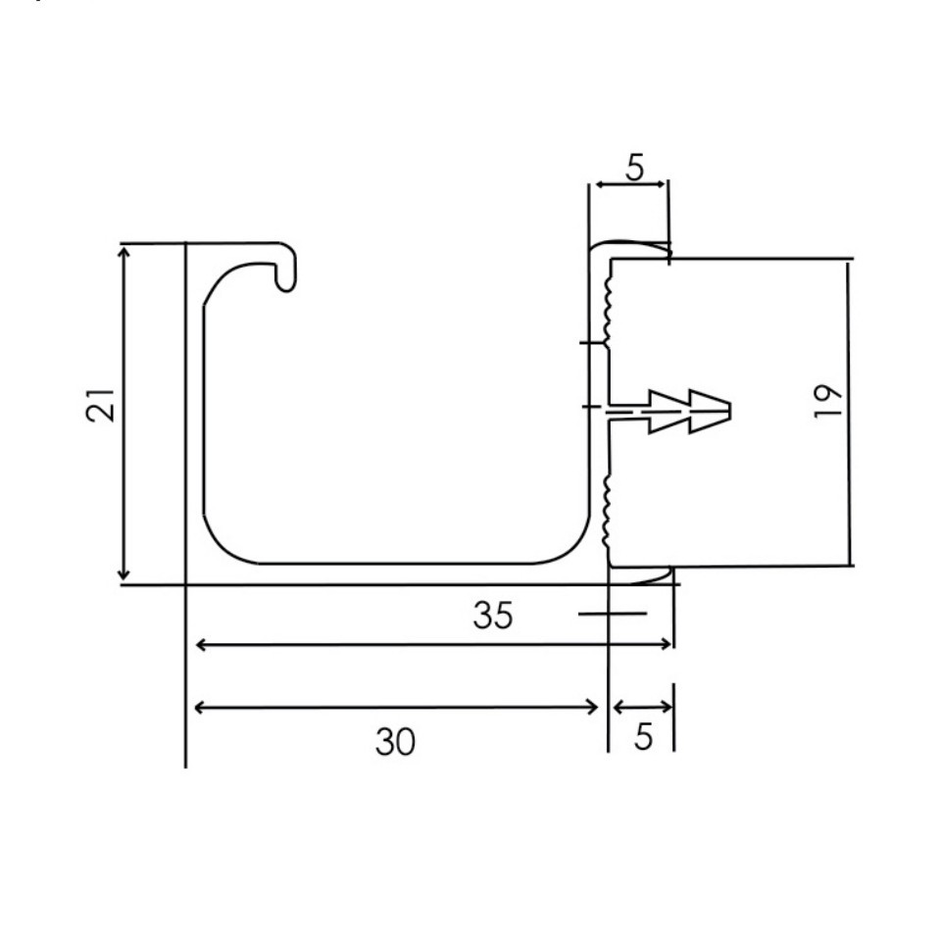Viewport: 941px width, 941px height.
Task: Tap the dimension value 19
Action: coord(828,402)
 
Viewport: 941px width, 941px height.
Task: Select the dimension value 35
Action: coord(492,616)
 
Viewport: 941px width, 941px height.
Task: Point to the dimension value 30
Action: coord(395,742)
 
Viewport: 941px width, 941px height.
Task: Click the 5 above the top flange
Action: coord(634,169)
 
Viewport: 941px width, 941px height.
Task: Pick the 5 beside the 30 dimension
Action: coord(643,736)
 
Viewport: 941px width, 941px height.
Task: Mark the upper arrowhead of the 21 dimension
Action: coord(124,254)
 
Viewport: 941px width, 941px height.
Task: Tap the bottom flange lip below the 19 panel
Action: coord(642,575)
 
